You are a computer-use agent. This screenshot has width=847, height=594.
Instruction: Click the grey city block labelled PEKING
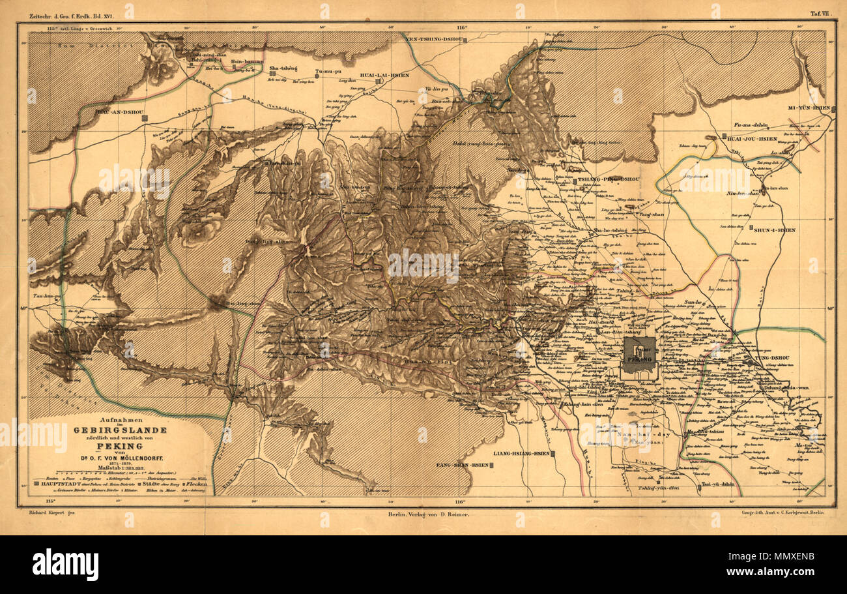[639, 355]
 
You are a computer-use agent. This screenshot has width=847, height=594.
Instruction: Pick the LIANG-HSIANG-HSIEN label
[521, 453]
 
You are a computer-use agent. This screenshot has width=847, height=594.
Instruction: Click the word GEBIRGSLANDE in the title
[120, 431]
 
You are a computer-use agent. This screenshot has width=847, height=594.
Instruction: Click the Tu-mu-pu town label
[328, 70]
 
